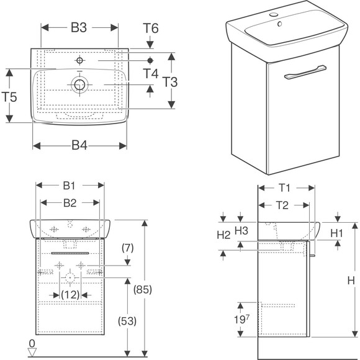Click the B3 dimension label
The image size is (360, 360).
tap(79, 28)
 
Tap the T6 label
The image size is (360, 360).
tap(151, 28)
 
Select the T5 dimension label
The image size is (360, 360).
tap(9, 97)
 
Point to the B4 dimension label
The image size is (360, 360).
tap(79, 145)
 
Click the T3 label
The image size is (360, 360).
tap(170, 82)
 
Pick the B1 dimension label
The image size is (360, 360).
tap(69, 186)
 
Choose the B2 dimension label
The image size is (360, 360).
tap(70, 203)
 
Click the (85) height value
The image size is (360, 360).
tap(143, 289)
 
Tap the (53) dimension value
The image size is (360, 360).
tap(127, 321)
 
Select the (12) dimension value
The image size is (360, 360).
tap(70, 295)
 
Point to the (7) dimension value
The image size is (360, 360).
tap(128, 248)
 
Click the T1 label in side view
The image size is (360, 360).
tap(284, 188)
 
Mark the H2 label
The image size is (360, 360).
tap(223, 235)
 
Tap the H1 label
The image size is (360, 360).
tap(336, 233)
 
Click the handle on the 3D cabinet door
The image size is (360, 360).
tap(305, 72)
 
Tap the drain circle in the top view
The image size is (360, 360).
tap(79, 84)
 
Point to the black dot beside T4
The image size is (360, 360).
tap(150, 61)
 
